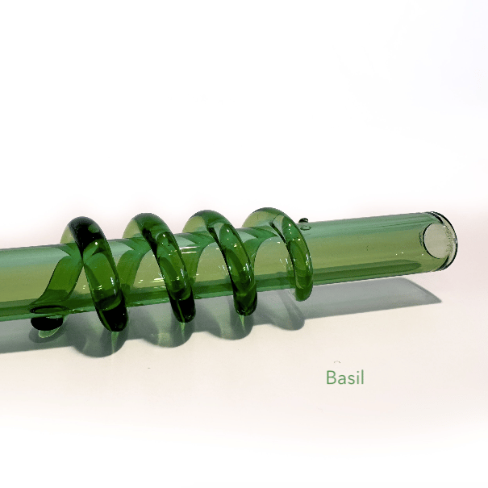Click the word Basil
tap(345, 377)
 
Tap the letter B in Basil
tap(331, 377)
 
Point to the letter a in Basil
tap(341, 379)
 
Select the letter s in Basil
tap(351, 379)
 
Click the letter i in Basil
tap(357, 377)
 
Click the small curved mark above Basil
tap(337, 364)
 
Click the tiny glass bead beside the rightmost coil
tap(303, 221)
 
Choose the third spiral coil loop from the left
tap(226, 258)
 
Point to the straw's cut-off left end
tap(6, 278)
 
